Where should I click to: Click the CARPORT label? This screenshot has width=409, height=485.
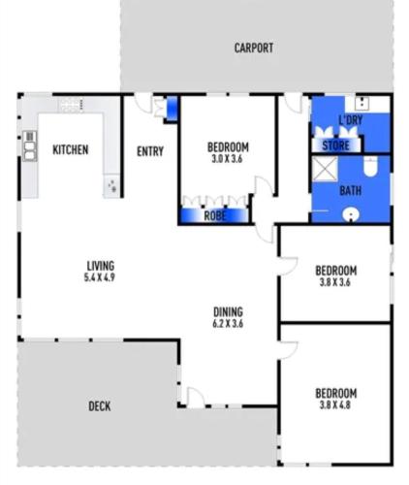254,48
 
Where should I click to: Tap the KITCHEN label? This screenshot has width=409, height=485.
71,149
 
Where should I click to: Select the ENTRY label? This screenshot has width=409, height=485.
150,151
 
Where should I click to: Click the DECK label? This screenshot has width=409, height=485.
100,406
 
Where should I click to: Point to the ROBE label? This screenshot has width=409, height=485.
215,215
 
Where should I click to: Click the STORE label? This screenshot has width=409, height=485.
336,145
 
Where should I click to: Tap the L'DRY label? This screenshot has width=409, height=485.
351,120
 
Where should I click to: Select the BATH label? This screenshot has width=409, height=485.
351,191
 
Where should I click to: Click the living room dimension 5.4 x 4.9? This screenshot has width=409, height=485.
100,277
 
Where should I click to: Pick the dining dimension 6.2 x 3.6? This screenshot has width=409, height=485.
228,324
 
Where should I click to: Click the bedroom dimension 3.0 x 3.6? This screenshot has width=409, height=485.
227,159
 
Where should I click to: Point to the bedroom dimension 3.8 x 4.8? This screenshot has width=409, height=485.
335,405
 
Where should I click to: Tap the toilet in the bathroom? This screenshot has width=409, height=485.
370,166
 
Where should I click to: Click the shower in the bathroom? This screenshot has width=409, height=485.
325,169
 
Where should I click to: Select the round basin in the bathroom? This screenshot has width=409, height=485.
351,214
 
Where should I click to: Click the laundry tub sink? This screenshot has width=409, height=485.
362,103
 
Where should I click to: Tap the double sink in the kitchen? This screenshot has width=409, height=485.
30,145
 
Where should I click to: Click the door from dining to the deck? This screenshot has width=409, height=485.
196,397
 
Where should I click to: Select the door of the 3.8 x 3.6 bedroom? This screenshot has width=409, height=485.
288,266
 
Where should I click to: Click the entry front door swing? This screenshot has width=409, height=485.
143,103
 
